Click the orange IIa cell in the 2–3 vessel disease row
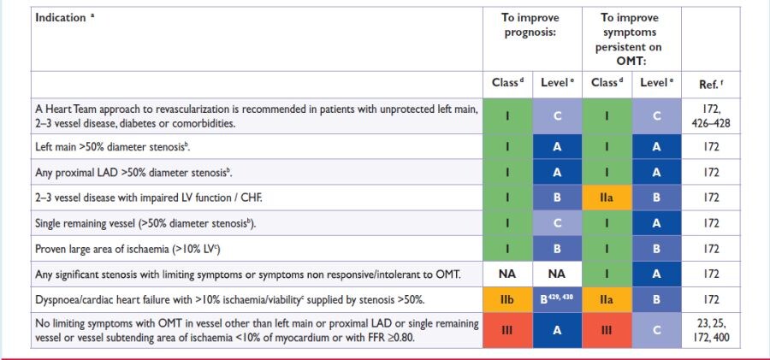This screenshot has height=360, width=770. [607, 198]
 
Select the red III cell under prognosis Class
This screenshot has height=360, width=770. [508, 331]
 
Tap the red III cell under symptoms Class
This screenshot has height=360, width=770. [607, 331]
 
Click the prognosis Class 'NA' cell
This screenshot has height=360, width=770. [508, 274]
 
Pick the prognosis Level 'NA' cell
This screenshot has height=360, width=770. [558, 274]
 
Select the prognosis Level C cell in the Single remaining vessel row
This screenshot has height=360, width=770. [558, 223]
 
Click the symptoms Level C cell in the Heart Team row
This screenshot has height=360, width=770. [657, 115]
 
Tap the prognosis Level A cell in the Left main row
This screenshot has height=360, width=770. [558, 147]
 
